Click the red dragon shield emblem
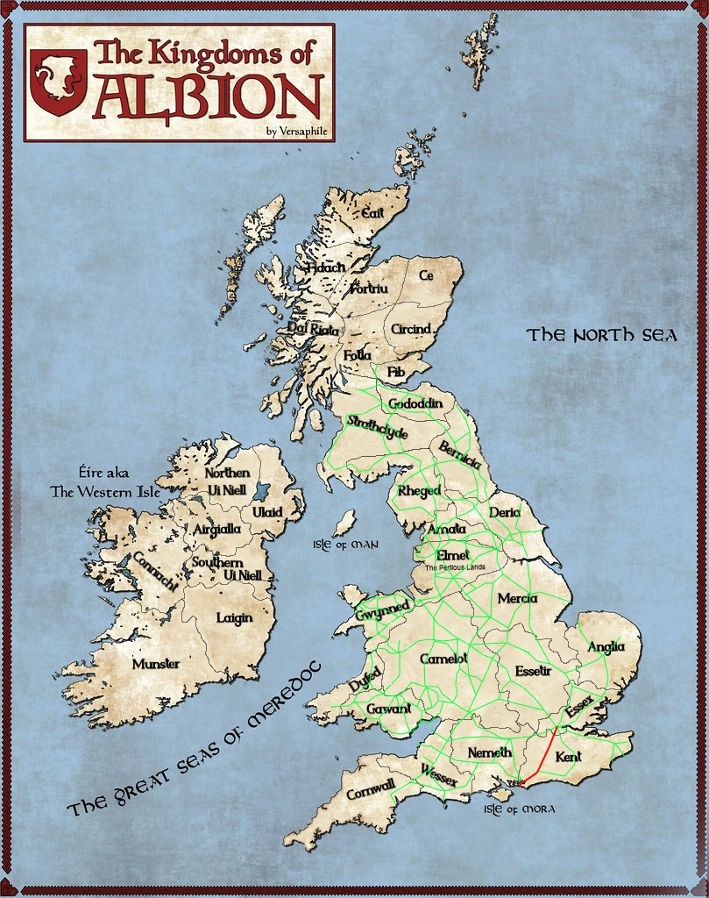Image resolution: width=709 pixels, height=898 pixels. [x=58, y=82]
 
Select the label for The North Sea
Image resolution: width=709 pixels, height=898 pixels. [x=602, y=335]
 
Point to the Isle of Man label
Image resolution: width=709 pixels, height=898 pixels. [x=345, y=545]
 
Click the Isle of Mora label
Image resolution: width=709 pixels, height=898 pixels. [x=519, y=809]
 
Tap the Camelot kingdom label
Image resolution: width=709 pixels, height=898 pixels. [x=444, y=658]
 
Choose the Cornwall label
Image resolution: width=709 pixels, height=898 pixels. [x=371, y=788]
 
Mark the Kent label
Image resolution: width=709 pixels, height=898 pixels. [x=569, y=756]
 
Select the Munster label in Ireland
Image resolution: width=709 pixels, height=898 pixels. [x=156, y=665]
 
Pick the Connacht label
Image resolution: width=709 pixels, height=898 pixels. [x=157, y=572]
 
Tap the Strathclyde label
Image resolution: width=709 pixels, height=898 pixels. [x=378, y=427]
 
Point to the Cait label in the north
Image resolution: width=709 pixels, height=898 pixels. [x=373, y=211]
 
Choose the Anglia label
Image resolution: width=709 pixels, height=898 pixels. [x=606, y=647]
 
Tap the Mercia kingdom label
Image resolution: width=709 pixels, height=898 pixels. [x=517, y=598]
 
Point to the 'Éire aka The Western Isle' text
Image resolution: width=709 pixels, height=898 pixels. [x=105, y=482]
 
